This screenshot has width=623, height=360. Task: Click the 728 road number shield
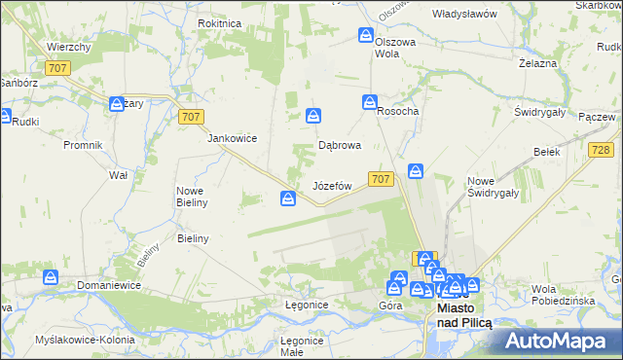600,149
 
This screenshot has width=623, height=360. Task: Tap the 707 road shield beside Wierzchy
57,67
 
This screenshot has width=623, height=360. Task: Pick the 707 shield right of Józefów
381,178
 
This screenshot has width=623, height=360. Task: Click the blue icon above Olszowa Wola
366,36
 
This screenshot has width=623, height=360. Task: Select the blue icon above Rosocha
370,101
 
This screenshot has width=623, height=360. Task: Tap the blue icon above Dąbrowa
313,116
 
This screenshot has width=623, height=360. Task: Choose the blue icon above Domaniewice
51,278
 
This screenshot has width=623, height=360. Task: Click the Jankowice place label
232,138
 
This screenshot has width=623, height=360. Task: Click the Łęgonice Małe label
302,345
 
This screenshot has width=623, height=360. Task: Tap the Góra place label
390,306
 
